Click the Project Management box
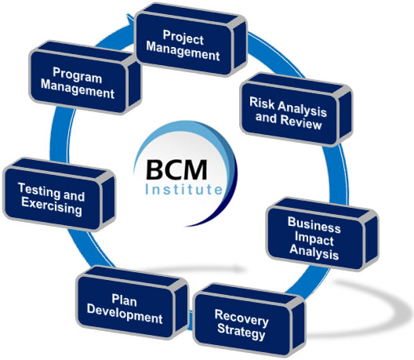click(191, 40)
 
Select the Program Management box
click(85, 78)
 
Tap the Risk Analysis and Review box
click(296, 110)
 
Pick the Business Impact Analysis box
click(322, 235)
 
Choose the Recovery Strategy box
click(249, 319)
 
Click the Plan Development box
click(132, 303)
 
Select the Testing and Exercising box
click(59, 195)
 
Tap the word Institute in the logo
click(184, 189)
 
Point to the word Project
click(183, 38)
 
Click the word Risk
click(262, 103)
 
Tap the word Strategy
click(241, 331)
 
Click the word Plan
click(124, 300)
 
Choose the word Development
click(125, 314)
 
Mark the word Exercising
click(52, 206)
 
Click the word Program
click(78, 75)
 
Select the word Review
click(301, 122)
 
